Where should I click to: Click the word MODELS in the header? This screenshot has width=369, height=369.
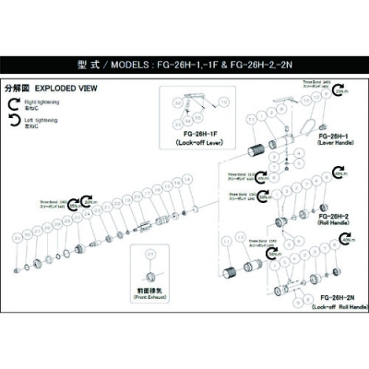pos(125,66)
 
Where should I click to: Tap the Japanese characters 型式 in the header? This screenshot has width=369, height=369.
pos(88,66)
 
